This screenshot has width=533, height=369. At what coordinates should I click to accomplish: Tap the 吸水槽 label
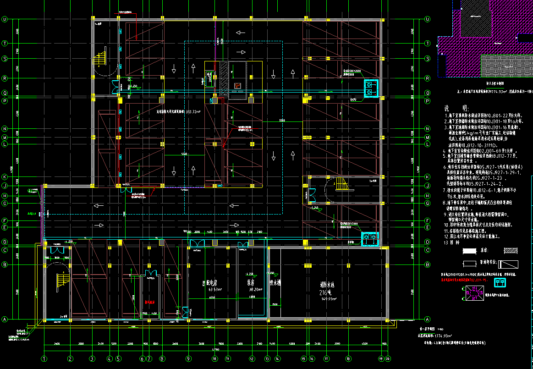click(x=275, y=283)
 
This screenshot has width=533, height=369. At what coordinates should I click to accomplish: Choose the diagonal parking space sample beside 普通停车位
click(x=508, y=264)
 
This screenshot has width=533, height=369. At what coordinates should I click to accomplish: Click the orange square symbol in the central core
click(x=237, y=86)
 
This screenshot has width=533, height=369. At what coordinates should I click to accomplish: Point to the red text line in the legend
click(x=463, y=278)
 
